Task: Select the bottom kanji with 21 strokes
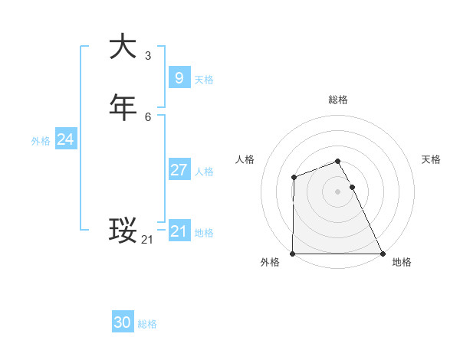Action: (x=123, y=230)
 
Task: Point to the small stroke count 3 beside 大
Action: (x=148, y=55)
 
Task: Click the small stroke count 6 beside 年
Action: (x=148, y=116)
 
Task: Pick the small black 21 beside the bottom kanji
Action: (x=147, y=240)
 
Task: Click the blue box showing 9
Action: (x=179, y=77)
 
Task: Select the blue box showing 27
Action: (x=179, y=169)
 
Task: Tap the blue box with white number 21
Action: (x=179, y=231)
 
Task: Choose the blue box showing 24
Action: (x=66, y=139)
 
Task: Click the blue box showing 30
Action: (x=123, y=322)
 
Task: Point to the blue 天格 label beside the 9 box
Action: (x=204, y=80)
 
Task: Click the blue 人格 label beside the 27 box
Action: (x=204, y=172)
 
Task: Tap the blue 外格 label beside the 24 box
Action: (x=41, y=141)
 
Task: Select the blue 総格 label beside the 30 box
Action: (x=147, y=325)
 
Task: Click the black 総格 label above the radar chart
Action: (x=338, y=100)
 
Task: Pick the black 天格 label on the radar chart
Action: (x=432, y=159)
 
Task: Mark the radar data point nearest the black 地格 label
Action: (x=383, y=254)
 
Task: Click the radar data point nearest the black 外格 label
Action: (x=293, y=254)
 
